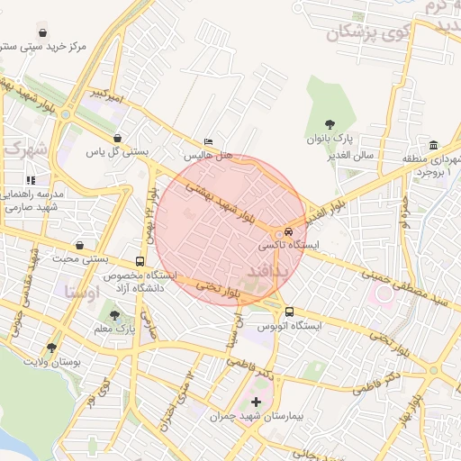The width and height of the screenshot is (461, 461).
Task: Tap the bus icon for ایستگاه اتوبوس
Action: click(288, 312)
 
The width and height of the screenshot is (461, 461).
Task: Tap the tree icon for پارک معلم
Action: click(114, 314)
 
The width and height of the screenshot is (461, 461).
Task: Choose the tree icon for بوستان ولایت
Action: click(51, 347)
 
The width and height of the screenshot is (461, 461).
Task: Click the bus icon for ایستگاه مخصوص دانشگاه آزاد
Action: click(139, 261)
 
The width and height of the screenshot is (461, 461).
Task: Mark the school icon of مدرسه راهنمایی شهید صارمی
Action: click(32, 180)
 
